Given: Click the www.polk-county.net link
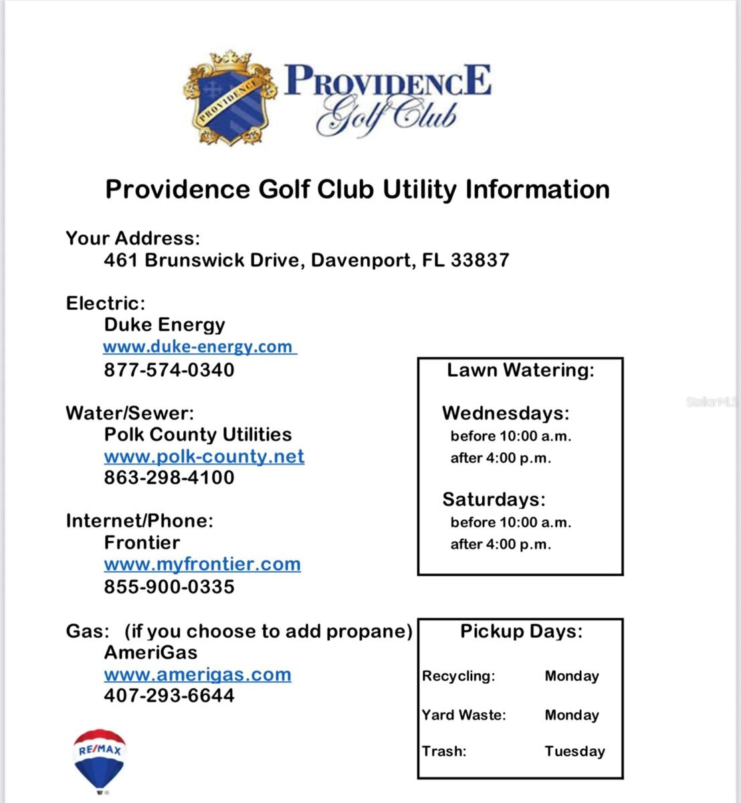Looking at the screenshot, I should pos(204,456).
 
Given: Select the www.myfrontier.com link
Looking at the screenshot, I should pos(202,564).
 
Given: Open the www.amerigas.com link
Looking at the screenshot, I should pos(197,675).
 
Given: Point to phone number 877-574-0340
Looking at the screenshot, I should pos(169,370).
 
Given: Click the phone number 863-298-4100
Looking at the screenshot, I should pos(169,478).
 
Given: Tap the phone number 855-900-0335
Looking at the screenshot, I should pos(169,587).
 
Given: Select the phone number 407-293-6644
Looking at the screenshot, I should pos(169,695).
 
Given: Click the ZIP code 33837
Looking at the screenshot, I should pos(480,260).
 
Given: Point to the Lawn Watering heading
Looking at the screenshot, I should pos(520,370).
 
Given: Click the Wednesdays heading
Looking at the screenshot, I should pos(506,413).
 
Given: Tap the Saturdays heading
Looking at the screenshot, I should pos(494,499).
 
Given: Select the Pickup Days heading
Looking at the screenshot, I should pos(521,631).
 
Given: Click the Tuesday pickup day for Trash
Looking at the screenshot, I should pos(574,751).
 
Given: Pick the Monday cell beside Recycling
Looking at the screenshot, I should pos(572,676).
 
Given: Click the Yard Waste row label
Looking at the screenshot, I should pos(463,715).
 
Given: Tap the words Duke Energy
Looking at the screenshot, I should pos(165,325).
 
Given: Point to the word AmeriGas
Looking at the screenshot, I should pos(150,652).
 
